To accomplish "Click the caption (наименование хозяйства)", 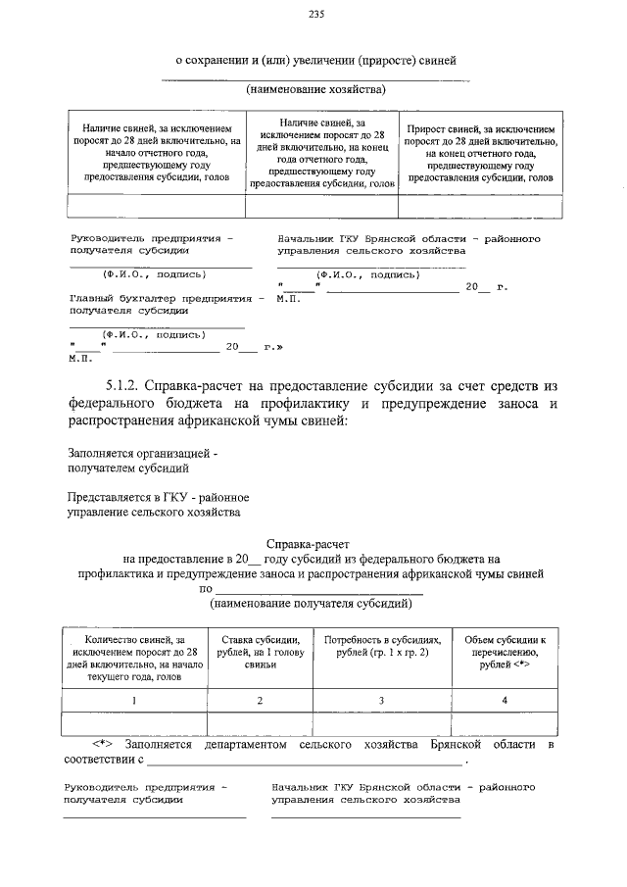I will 315,89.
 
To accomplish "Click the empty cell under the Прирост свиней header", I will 480,205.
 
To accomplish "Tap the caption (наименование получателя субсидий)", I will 314,605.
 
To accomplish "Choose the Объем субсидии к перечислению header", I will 505,651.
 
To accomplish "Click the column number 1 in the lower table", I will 135,701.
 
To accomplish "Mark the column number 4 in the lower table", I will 505,701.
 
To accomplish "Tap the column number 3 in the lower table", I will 382,701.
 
